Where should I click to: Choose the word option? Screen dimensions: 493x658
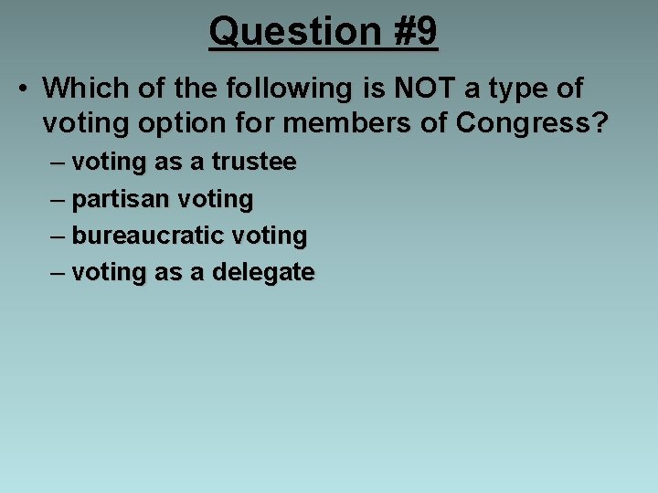click(174, 122)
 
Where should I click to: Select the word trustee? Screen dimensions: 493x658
click(254, 163)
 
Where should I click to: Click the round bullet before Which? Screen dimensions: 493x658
click(22, 89)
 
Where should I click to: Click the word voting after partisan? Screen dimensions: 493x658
click(217, 200)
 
